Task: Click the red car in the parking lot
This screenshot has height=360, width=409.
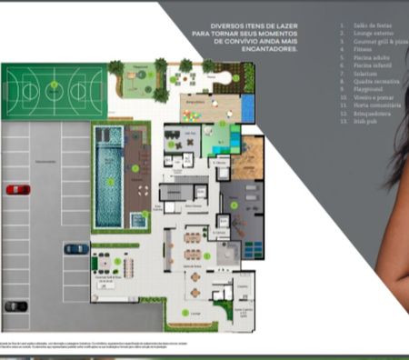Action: pos(17,190)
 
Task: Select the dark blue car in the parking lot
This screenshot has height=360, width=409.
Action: pos(76,248)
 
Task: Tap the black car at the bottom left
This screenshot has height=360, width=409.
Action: pos(15,306)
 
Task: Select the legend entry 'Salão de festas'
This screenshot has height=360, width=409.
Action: pos(360,26)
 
